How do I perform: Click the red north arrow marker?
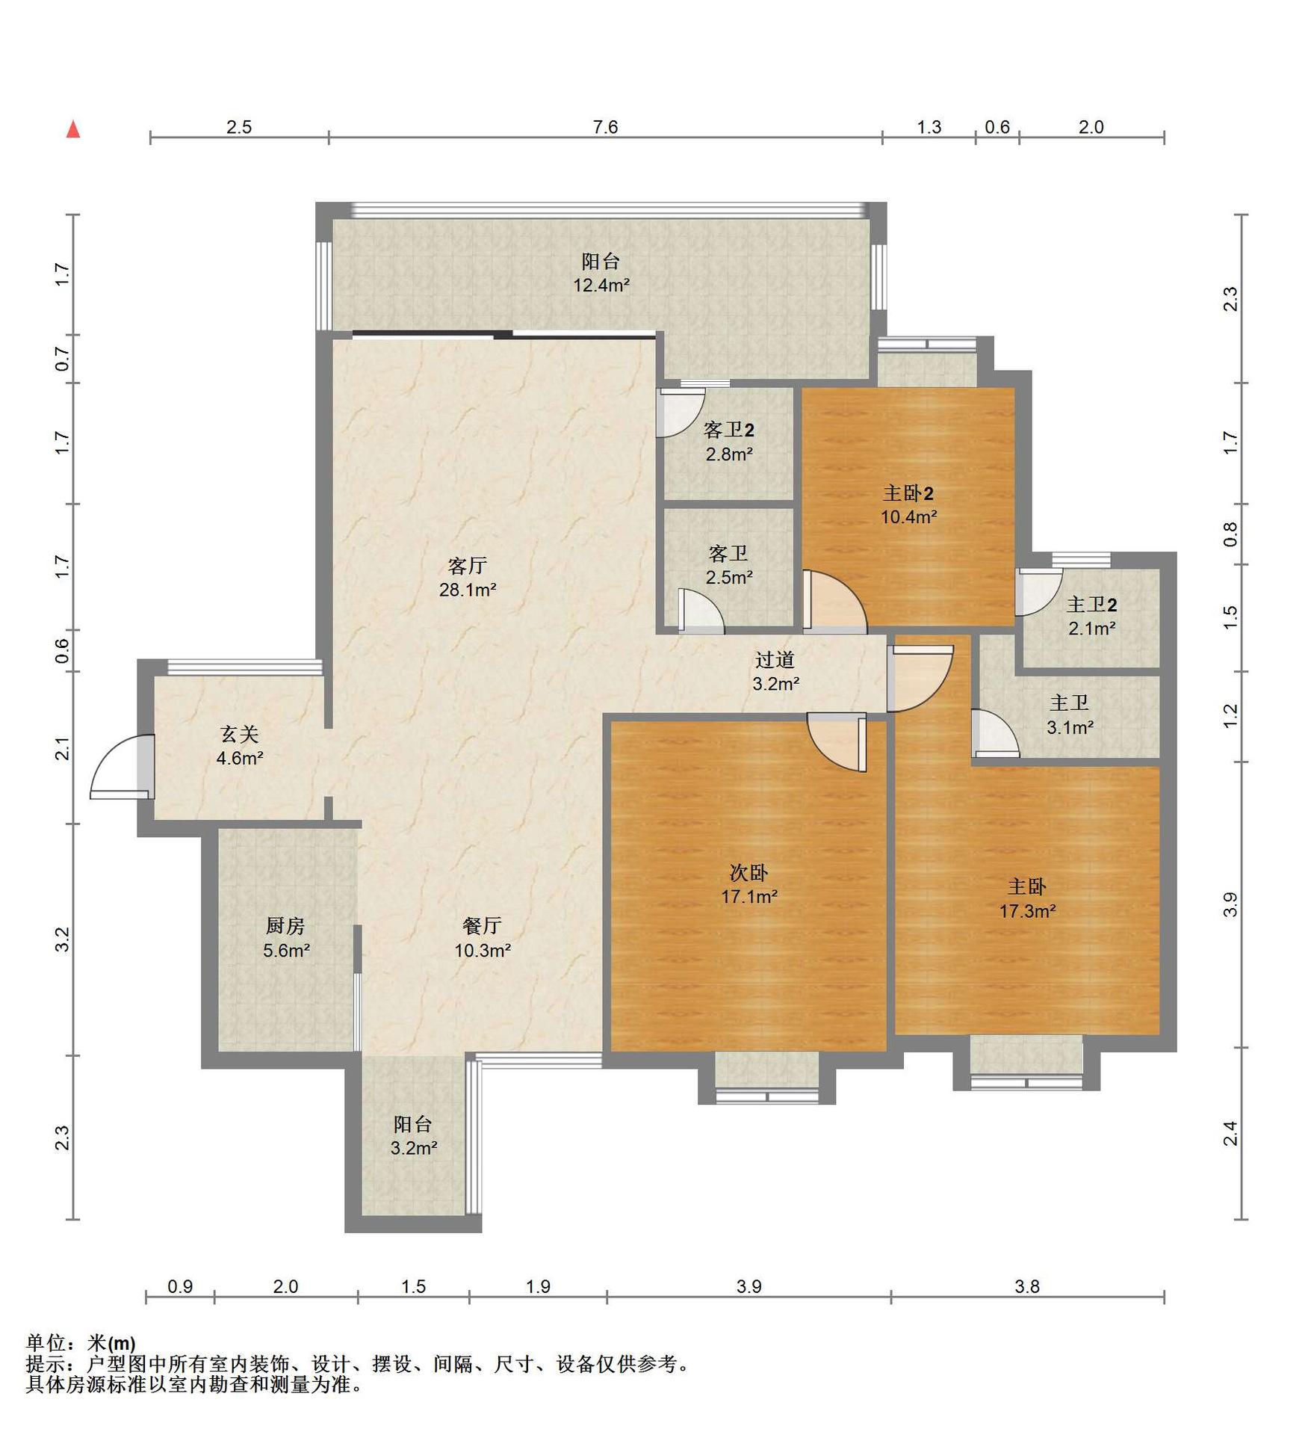coord(73,129)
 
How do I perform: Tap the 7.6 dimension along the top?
coord(605,127)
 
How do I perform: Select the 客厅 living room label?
coord(468,565)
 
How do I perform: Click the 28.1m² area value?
coord(468,590)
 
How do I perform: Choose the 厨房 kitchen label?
coord(285,926)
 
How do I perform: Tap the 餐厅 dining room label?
coord(483,926)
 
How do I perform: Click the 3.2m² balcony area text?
coord(413,1148)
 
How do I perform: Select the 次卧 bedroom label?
coord(749,871)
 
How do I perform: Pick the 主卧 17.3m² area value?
coord(1027,911)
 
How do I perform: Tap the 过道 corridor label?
coord(775,659)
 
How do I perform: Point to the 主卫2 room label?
coord(1091,604)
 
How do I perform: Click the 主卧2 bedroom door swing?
coord(835,601)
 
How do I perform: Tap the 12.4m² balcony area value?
coord(601,285)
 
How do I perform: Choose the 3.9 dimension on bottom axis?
coord(749,1286)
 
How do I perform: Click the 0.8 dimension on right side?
coord(1230,534)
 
